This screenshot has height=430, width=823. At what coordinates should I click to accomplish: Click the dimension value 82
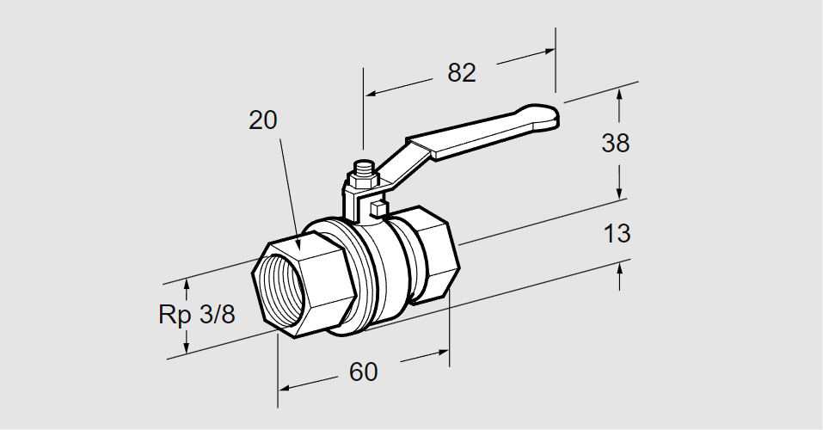tap(461, 73)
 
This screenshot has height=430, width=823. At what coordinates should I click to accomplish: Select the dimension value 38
tap(616, 143)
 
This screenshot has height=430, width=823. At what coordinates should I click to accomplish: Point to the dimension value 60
tap(363, 372)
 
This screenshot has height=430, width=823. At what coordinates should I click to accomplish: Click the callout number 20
tap(263, 120)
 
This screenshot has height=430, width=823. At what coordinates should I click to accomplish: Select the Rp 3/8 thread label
tap(196, 315)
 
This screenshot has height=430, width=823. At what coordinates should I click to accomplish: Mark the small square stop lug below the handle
tap(376, 207)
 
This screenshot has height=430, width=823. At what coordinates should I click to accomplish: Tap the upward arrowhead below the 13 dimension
tap(619, 268)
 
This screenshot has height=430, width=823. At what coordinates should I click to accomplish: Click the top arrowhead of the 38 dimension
tap(619, 93)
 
